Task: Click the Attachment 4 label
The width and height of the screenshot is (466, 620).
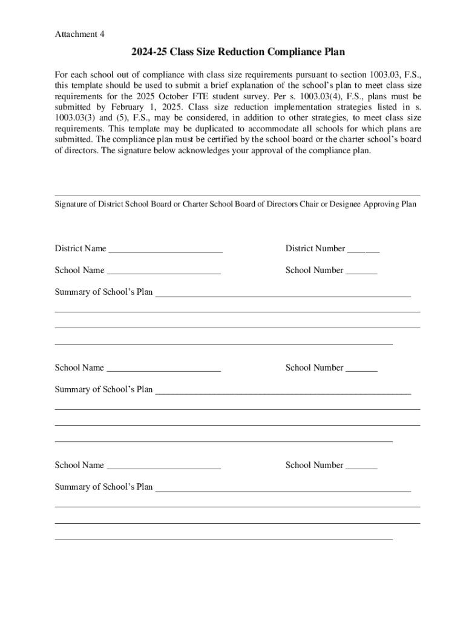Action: pyautogui.click(x=79, y=35)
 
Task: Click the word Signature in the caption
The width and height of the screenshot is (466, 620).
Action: pyautogui.click(x=71, y=205)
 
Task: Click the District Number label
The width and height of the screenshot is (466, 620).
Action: pyautogui.click(x=315, y=248)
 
